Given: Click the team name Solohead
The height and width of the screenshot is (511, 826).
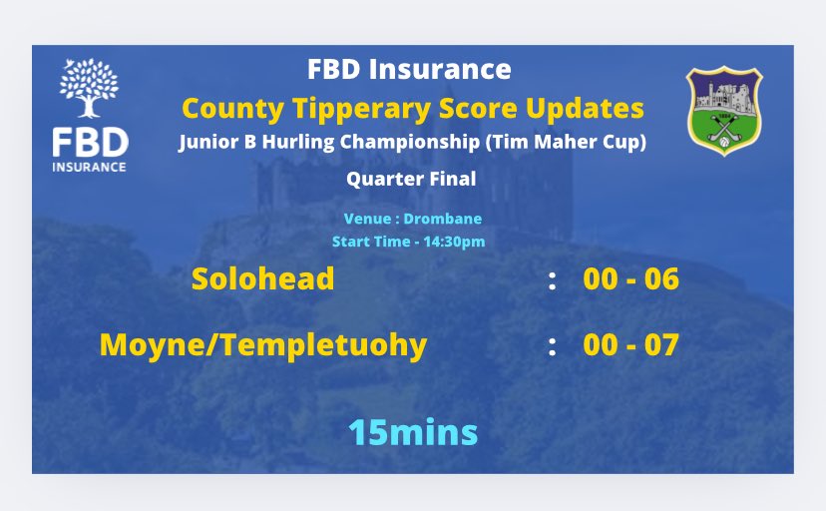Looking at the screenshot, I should pos(262,278).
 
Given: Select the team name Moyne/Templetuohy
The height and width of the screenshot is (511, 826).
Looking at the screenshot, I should pos(263,345).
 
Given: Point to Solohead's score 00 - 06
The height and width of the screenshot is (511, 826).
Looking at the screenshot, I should pos(630,278).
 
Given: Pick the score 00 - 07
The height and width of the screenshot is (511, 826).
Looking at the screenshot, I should pos(630,345).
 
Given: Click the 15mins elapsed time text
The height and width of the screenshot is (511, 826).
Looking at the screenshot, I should pos(412,432).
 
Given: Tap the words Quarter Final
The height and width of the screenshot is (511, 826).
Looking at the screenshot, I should pos(411,180).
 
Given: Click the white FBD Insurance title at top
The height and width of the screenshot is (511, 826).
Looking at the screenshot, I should pos(409,69).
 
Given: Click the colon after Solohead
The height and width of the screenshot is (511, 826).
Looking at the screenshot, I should pos(552,280).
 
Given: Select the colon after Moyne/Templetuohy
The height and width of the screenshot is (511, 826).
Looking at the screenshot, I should pos(552,347).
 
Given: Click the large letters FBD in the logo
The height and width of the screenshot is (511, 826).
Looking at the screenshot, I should pos(89,139).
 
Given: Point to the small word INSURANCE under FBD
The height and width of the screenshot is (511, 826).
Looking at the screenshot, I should pos(89,166).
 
